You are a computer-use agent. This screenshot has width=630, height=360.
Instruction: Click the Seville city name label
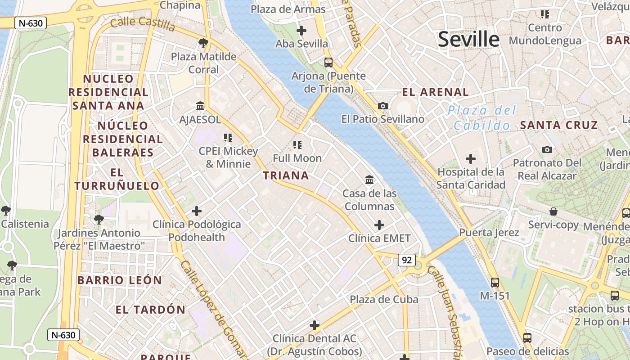coord(468,39)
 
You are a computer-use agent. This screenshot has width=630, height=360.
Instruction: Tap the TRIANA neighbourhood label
coord(286,175)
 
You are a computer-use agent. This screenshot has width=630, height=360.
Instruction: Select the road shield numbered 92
coord(406,260)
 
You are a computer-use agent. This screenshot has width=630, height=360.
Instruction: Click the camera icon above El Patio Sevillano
coord(383,106)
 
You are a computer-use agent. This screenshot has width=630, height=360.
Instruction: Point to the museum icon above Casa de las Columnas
coord(369,180)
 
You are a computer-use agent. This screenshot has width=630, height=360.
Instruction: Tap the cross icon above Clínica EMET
coord(379,225)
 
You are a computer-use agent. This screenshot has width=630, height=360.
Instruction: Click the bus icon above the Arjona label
coord(328,62)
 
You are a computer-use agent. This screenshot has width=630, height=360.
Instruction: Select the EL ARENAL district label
coord(435,92)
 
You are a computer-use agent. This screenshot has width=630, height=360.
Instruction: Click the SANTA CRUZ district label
coord(559,125)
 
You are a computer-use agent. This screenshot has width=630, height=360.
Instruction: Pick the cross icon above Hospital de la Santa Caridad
coord(471,159)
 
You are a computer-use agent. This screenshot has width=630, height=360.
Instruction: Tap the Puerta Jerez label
coord(489,233)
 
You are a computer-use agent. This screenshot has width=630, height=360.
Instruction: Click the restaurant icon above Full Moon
coord(297,145)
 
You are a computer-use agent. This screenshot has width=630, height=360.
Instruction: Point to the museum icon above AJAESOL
coord(200,106)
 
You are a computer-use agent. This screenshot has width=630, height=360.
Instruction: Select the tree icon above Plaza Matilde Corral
coord(203,44)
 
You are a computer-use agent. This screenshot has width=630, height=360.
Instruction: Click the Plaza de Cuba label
coord(384,299)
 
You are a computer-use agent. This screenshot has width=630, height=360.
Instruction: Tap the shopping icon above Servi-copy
coord(553,211)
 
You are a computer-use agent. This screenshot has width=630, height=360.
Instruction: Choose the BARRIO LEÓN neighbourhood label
coord(120,280)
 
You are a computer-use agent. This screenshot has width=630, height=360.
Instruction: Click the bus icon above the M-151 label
coord(495,283)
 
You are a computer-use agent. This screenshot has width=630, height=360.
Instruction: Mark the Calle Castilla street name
coord(143,24)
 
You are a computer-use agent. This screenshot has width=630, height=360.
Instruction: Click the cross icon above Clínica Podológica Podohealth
coord(197,211)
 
